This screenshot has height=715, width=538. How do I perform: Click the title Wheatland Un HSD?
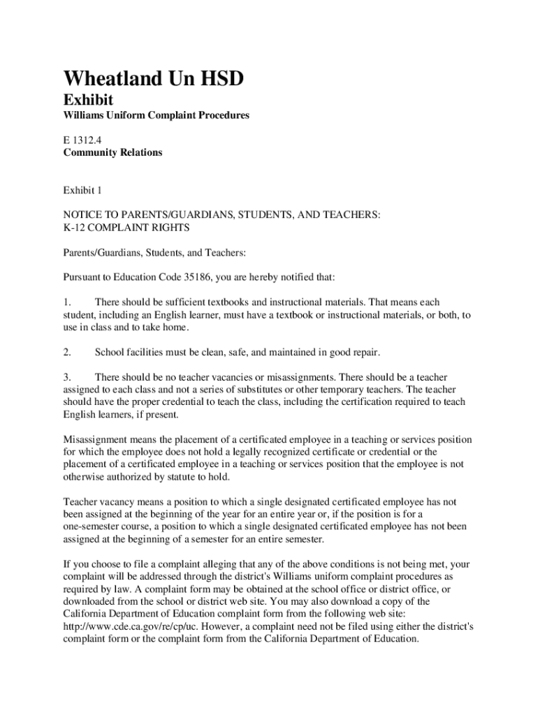(x=154, y=80)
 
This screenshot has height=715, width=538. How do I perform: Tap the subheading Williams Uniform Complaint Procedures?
(x=156, y=115)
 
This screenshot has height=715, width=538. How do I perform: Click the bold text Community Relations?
(x=112, y=152)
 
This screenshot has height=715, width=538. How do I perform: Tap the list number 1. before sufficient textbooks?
(x=67, y=302)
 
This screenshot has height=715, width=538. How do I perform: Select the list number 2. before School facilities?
(x=67, y=352)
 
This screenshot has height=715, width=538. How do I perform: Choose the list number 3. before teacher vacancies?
(x=67, y=377)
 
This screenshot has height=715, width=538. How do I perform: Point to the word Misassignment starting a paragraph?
(x=95, y=440)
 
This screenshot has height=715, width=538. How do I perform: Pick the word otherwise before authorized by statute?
(x=86, y=478)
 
